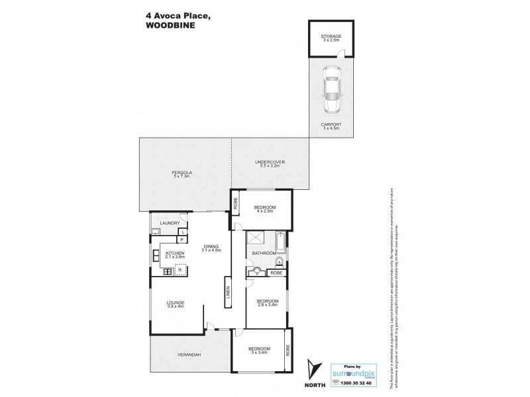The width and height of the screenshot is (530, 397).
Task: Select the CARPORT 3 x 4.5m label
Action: click(x=329, y=126)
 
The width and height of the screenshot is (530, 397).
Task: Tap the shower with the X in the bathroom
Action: click(x=255, y=242)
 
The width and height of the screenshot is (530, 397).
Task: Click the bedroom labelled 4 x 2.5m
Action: click(x=264, y=209)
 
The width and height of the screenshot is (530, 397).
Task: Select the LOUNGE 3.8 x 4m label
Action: click(x=176, y=304)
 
